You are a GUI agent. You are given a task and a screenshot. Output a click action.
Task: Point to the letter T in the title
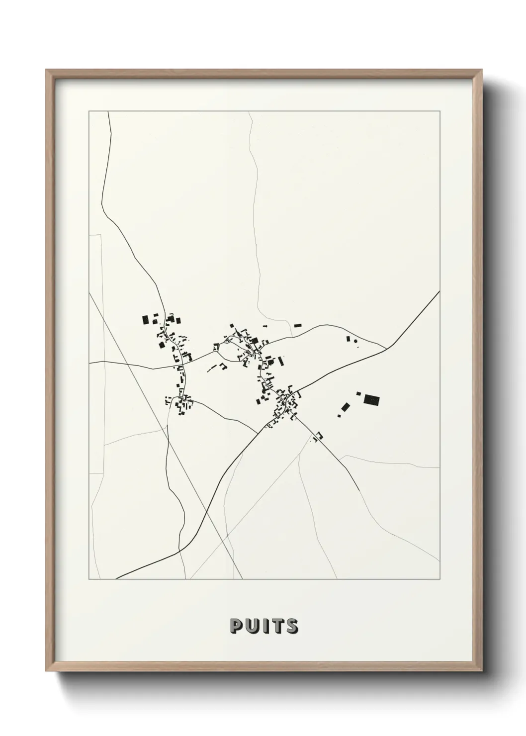pyautogui.click(x=276, y=626)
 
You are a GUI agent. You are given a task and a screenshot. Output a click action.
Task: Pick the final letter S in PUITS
pyautogui.click(x=291, y=626)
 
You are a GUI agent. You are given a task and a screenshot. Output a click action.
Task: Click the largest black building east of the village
pyautogui.click(x=371, y=399)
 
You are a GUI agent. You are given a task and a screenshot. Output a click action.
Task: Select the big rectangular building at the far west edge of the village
pyautogui.click(x=146, y=319)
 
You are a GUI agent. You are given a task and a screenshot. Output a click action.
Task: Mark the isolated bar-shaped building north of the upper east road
pyautogui.click(x=298, y=325)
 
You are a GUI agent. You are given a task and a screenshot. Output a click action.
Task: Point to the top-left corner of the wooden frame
pyautogui.click(x=46, y=70)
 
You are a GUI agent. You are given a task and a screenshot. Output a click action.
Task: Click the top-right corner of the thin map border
pyautogui.click(x=439, y=111)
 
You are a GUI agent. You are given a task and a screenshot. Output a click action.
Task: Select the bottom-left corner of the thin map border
pyautogui.click(x=89, y=579)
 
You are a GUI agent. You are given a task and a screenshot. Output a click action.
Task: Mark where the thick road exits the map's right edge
pyautogui.click(x=439, y=291)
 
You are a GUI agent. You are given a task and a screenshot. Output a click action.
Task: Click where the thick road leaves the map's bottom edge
pyautogui.click(x=116, y=579)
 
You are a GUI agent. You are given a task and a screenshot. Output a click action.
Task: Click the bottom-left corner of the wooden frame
pyautogui.click(x=46, y=670)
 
